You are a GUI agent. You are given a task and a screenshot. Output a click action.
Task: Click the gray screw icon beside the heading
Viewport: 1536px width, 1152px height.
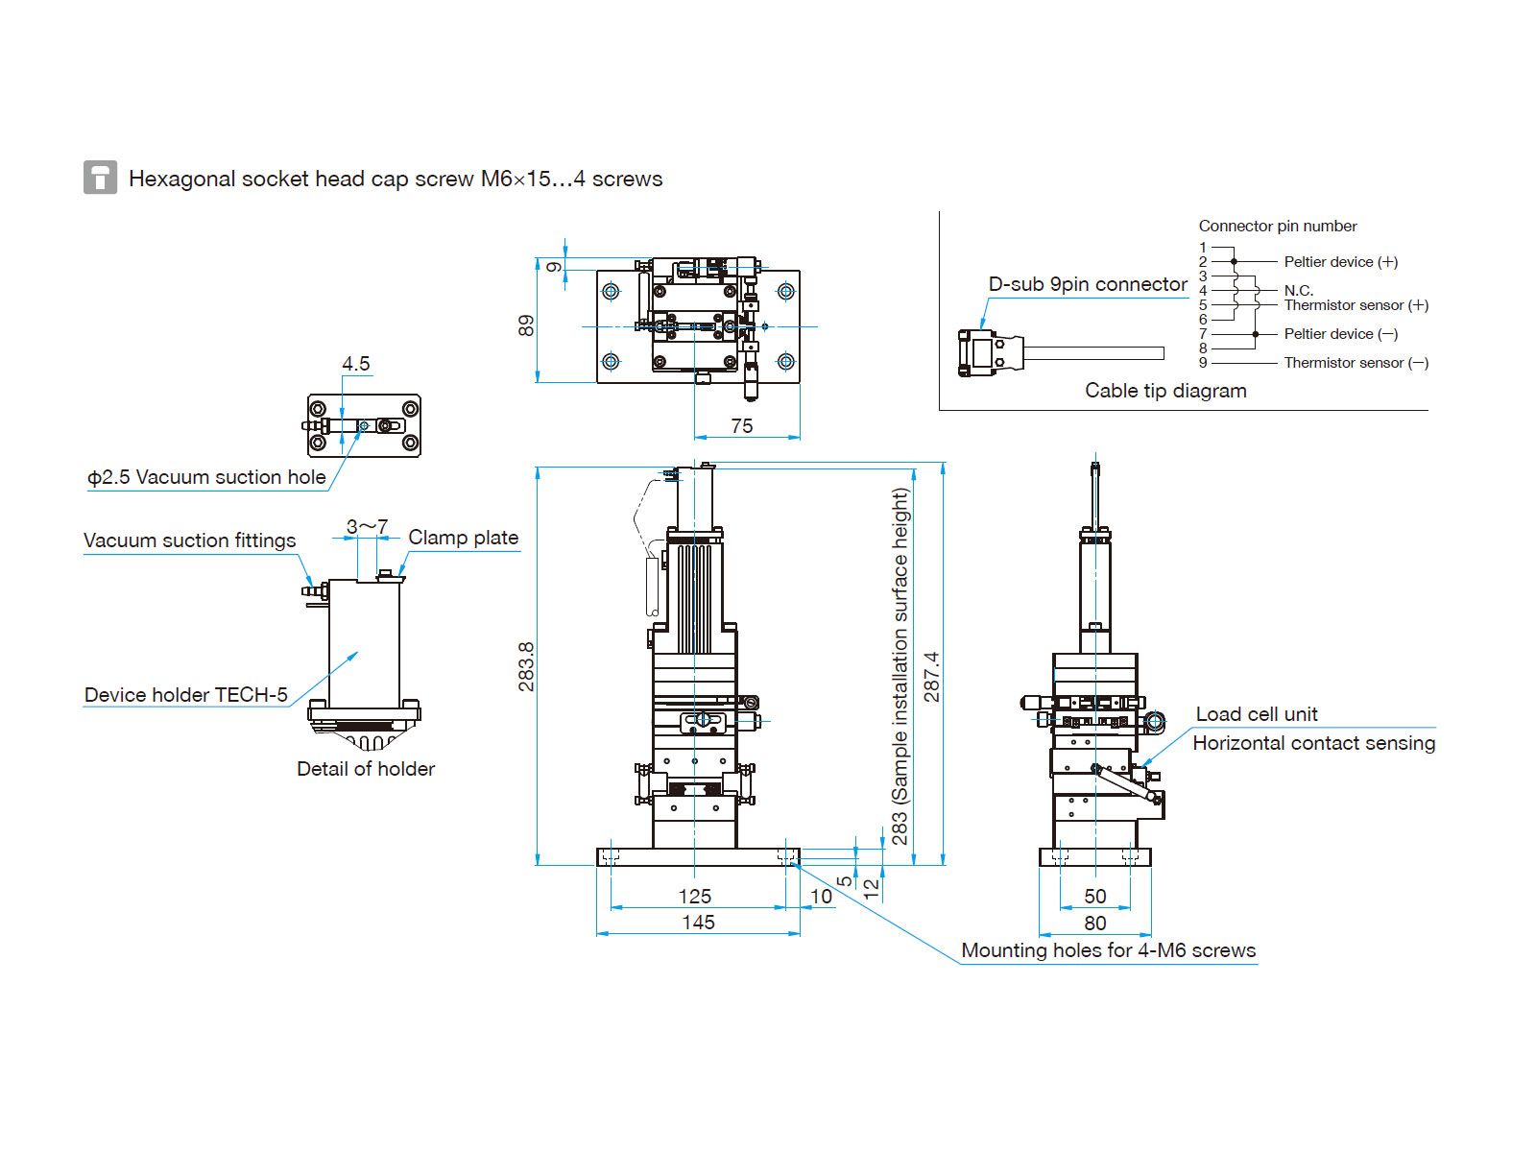click(100, 177)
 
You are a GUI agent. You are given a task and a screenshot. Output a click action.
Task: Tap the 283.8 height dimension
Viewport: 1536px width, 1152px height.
click(525, 666)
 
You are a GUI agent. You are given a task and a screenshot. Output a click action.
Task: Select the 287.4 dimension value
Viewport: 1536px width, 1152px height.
click(931, 677)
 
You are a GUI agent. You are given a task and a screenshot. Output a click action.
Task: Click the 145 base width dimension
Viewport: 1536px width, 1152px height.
click(698, 922)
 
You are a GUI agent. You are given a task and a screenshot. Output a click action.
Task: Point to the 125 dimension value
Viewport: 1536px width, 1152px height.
click(694, 896)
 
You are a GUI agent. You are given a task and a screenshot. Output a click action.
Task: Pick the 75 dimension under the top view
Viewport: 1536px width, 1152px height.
click(742, 426)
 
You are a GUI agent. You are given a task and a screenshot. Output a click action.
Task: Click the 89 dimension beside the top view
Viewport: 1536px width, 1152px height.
click(525, 325)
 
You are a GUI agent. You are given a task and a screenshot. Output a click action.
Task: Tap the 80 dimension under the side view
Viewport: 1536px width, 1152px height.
click(1095, 923)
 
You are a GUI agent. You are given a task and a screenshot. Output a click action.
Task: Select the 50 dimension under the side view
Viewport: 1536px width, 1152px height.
click(1095, 896)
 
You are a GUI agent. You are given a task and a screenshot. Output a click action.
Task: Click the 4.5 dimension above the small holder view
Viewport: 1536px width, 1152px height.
click(355, 364)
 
